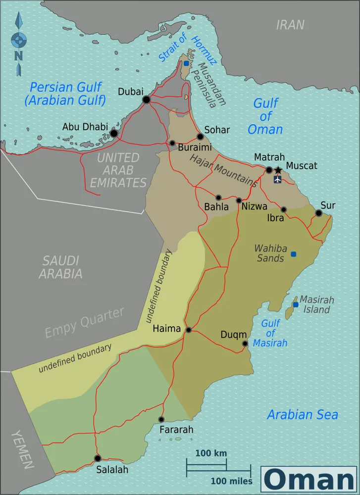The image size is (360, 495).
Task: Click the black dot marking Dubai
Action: (146, 100)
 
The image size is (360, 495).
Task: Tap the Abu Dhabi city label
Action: (85, 127)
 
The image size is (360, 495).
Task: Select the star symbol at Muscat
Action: (278, 170)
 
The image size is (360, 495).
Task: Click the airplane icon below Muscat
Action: (277, 179)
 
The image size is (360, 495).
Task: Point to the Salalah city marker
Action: (98, 458)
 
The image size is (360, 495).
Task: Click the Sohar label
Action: (217, 130)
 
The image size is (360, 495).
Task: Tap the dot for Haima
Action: (189, 330)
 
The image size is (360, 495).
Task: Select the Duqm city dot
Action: (245, 344)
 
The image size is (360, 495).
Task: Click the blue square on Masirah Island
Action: (296, 304)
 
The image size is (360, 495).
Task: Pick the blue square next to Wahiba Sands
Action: (294, 254)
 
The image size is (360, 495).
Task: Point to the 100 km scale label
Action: (211, 453)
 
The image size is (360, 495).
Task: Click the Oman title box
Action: (309, 480)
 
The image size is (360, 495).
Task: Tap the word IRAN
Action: (290, 25)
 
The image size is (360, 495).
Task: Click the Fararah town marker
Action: (161, 419)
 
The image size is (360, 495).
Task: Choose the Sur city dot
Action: (318, 213)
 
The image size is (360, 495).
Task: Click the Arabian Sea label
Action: (302, 414)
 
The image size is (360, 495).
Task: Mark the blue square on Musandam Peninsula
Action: (186, 63)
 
